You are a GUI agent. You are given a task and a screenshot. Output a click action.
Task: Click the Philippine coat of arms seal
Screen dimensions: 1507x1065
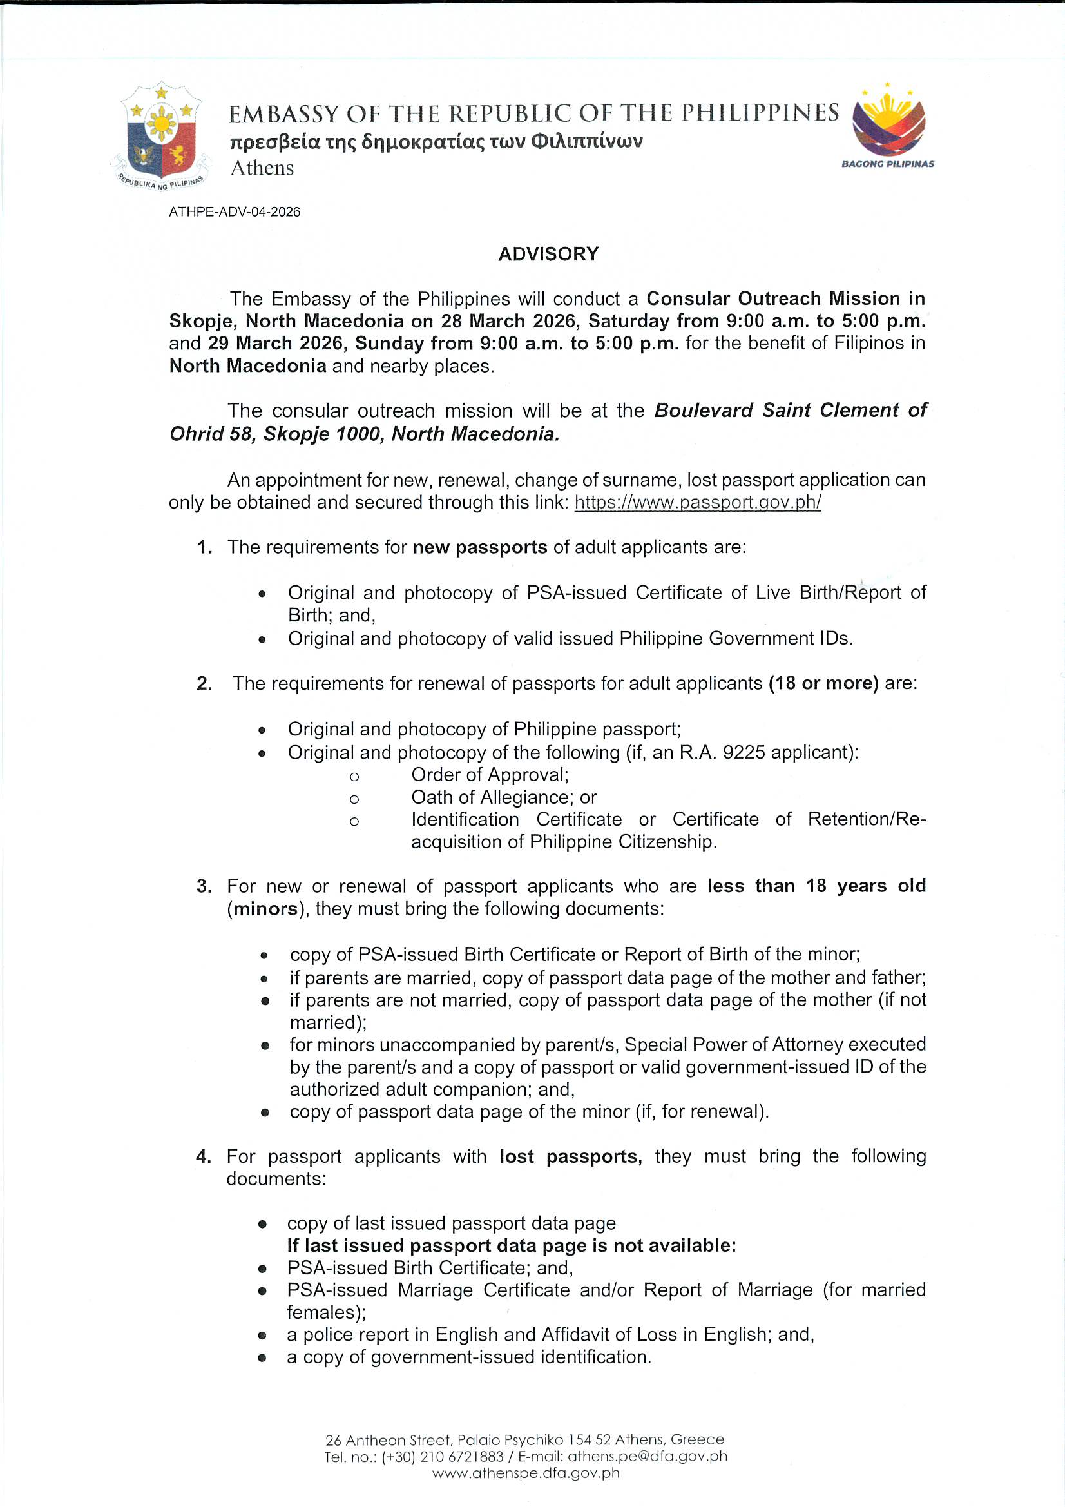162,136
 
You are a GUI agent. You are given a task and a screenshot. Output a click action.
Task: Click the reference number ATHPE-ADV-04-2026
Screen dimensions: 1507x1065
235,212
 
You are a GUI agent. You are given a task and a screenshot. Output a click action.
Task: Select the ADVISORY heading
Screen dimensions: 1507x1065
548,254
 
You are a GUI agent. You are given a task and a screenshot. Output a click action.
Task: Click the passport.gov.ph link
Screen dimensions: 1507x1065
698,503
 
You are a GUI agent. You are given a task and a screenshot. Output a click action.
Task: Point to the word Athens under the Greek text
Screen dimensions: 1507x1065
262,168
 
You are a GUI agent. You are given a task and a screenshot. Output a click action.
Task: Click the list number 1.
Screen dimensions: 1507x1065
204,547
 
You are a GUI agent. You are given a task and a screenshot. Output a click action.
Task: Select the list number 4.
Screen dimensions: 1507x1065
204,1156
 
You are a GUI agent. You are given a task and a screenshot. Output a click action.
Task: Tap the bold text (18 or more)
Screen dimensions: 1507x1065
823,683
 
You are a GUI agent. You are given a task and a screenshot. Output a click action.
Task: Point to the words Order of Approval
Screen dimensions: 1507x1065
490,775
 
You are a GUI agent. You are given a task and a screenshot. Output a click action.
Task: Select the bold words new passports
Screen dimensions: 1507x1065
480,547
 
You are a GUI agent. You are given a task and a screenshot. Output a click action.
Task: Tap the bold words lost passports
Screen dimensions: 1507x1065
570,1156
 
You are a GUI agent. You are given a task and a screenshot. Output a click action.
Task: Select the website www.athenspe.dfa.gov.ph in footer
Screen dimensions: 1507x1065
526,1472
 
